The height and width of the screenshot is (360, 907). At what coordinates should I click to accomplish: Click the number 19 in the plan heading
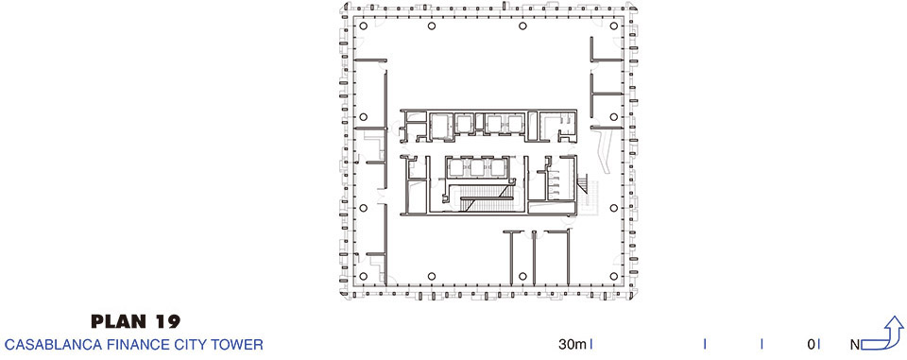(168, 321)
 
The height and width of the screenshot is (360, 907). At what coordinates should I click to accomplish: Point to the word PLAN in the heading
(120, 321)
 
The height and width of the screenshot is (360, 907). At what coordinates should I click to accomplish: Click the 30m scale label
(573, 345)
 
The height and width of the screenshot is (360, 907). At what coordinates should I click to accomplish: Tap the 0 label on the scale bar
(812, 345)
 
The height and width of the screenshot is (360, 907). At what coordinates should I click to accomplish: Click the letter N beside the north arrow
(855, 345)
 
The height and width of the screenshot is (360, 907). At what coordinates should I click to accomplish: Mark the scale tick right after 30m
(590, 344)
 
